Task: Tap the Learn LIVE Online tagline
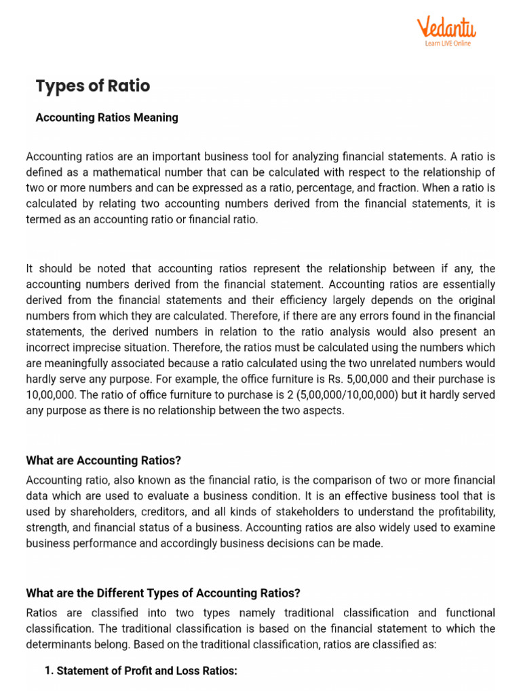pyautogui.click(x=448, y=43)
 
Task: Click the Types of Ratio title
pyautogui.click(x=92, y=86)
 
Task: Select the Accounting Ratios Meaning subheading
pyautogui.click(x=107, y=117)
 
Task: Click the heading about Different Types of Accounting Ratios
pyautogui.click(x=163, y=593)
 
